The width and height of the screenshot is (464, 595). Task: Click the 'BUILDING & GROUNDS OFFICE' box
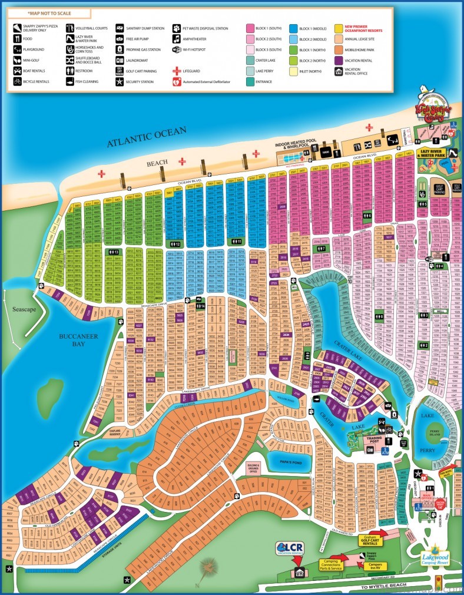(253, 468)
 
